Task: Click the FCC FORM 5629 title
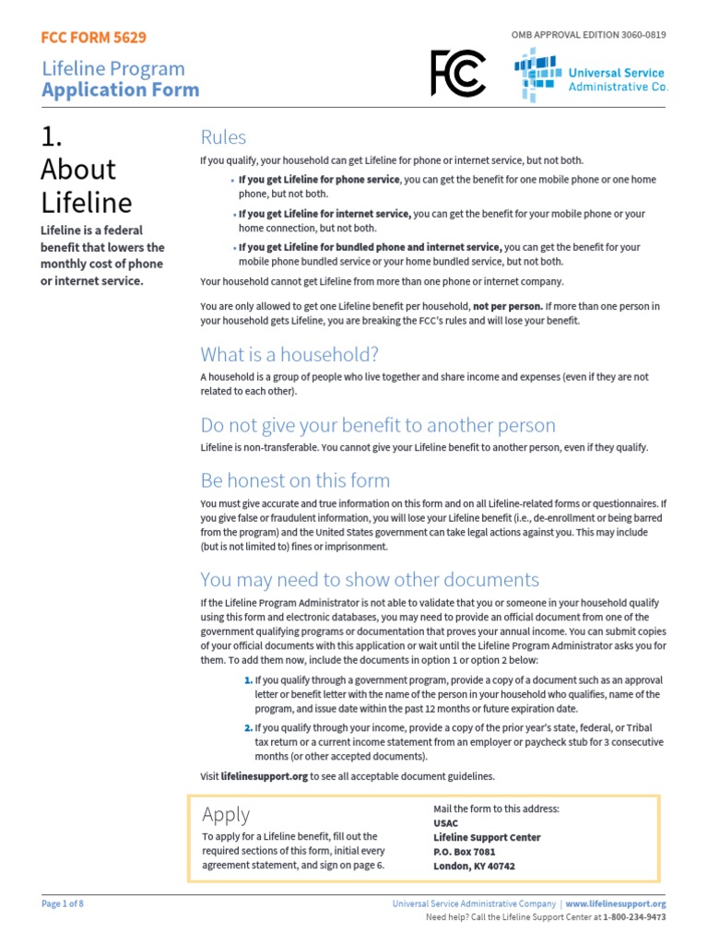click(93, 38)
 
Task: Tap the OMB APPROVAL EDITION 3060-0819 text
click(588, 35)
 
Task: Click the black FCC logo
click(457, 74)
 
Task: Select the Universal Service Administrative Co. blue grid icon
click(536, 74)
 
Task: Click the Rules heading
click(223, 137)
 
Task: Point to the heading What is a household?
click(289, 355)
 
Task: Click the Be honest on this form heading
click(295, 480)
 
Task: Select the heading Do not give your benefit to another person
click(378, 425)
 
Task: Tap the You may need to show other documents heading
click(370, 580)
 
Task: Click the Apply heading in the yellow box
click(226, 814)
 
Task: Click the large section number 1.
click(52, 136)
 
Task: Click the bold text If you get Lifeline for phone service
click(319, 180)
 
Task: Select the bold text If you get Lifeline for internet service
click(324, 214)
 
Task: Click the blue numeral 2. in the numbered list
click(248, 727)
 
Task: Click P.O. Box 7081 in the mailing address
click(464, 852)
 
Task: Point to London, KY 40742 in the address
click(474, 867)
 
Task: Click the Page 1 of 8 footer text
click(63, 904)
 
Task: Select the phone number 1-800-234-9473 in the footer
click(632, 918)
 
